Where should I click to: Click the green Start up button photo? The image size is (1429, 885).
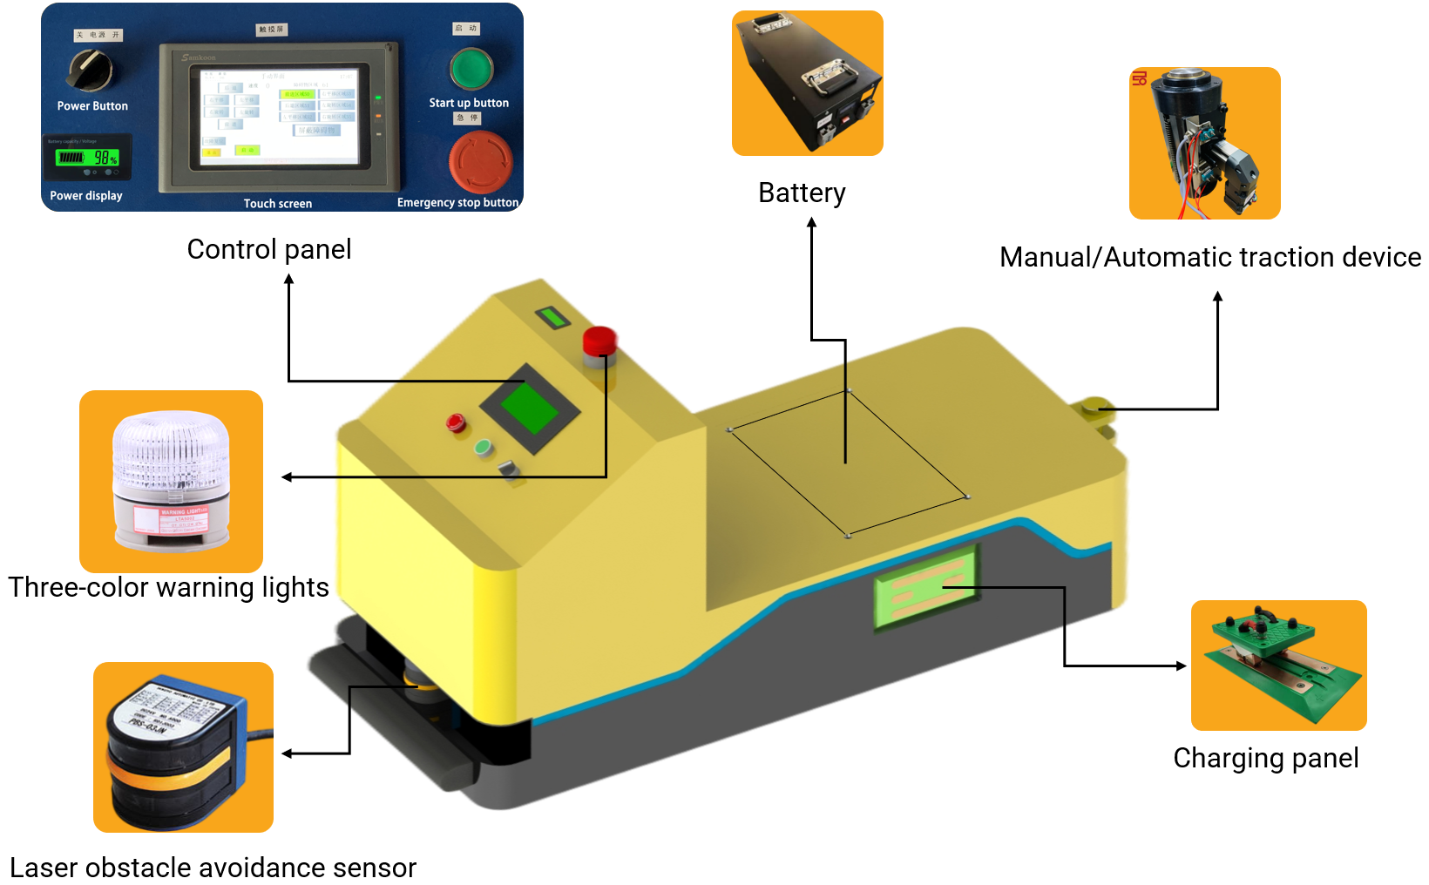471,69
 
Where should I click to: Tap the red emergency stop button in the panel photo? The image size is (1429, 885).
479,161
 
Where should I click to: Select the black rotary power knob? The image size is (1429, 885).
91,69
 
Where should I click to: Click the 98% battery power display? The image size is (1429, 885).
87,157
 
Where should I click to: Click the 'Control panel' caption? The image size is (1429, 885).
269,250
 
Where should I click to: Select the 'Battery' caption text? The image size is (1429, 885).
802,193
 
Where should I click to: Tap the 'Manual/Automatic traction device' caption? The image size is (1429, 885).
1209,257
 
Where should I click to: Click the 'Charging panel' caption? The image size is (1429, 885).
1265,758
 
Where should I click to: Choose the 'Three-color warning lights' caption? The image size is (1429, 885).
169,587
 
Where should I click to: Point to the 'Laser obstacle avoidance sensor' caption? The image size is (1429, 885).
213,868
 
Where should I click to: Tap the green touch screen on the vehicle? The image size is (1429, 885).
530,408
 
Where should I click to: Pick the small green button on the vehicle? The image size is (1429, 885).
483,448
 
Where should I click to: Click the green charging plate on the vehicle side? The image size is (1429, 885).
925,586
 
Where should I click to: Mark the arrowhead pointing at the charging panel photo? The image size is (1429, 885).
1182,666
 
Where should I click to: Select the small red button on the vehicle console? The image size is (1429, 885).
455,423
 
